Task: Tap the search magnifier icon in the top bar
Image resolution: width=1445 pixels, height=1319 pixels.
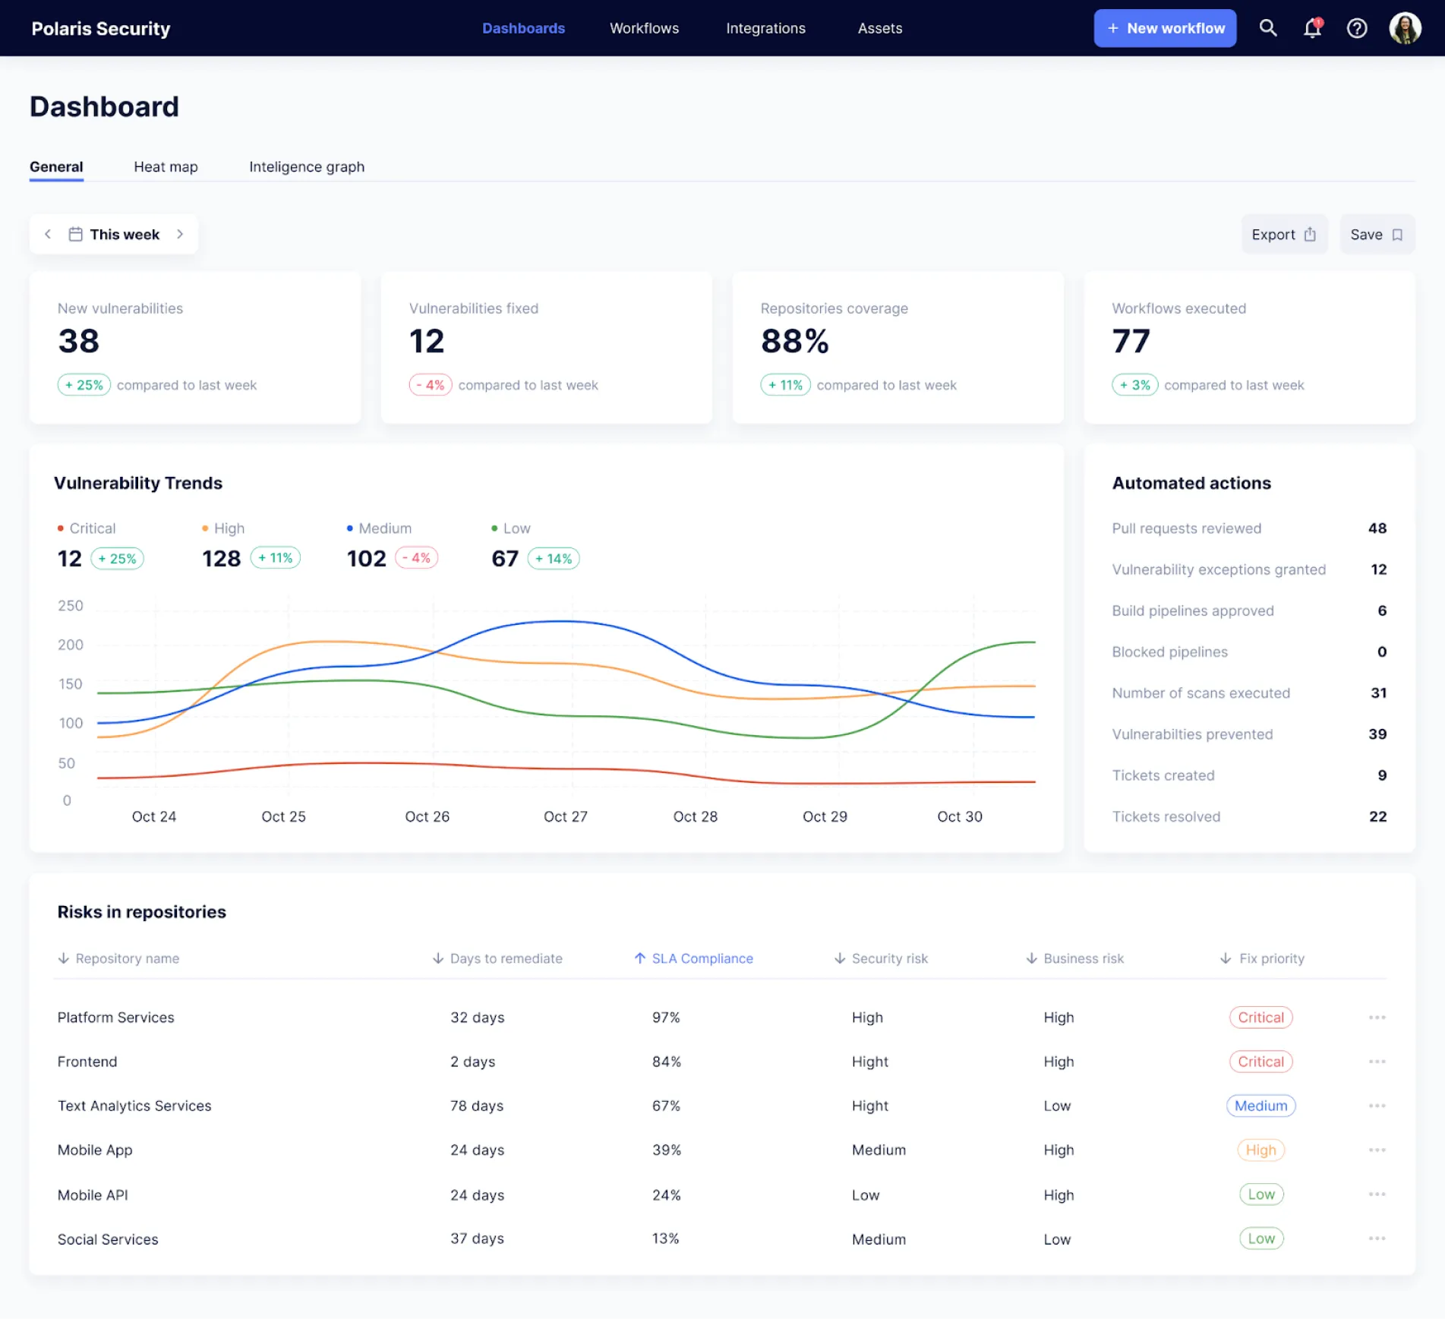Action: (1267, 28)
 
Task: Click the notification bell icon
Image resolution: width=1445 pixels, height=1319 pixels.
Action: (1312, 28)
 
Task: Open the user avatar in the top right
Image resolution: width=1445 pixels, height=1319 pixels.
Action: (1404, 28)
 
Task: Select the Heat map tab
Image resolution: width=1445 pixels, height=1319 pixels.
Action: (166, 166)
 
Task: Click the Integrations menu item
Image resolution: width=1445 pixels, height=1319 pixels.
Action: (765, 28)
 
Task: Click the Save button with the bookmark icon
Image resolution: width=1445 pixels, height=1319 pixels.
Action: (1376, 235)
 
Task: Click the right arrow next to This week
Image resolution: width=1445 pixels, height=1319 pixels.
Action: (180, 234)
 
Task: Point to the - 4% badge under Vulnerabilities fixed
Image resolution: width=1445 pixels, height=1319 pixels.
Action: (431, 385)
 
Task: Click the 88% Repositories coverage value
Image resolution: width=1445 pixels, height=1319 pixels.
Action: (794, 341)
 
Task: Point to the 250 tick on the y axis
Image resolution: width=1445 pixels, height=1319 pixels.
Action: (71, 605)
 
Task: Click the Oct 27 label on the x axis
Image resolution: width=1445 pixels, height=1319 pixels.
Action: (565, 816)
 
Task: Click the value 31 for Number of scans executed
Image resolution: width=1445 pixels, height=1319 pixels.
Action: (1378, 693)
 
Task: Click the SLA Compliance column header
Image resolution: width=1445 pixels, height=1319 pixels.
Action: (702, 958)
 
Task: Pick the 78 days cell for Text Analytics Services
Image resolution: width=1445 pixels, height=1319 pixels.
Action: (476, 1106)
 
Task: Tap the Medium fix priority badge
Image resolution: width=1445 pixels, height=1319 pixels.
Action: (1260, 1106)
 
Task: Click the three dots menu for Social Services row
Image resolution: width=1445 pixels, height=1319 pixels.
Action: (1377, 1239)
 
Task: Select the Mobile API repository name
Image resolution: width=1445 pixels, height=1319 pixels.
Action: (93, 1194)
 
